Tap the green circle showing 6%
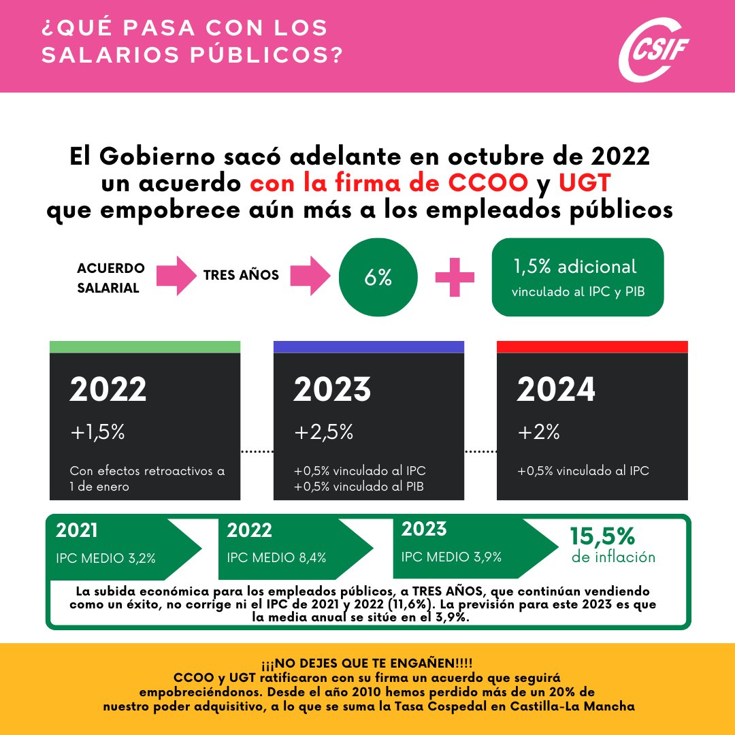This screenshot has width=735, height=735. click(378, 277)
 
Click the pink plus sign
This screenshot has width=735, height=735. click(455, 276)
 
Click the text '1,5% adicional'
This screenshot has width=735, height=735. click(575, 267)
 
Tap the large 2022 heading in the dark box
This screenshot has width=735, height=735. click(108, 389)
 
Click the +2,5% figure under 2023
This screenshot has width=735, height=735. click(324, 431)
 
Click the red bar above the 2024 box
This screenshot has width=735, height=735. click(592, 347)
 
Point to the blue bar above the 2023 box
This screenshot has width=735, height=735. click(368, 347)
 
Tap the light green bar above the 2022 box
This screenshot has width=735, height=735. click(145, 347)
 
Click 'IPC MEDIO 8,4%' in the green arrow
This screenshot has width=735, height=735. click(276, 557)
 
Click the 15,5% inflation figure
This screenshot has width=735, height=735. click(603, 536)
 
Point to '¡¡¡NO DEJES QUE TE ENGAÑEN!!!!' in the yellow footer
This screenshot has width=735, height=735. click(367, 663)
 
